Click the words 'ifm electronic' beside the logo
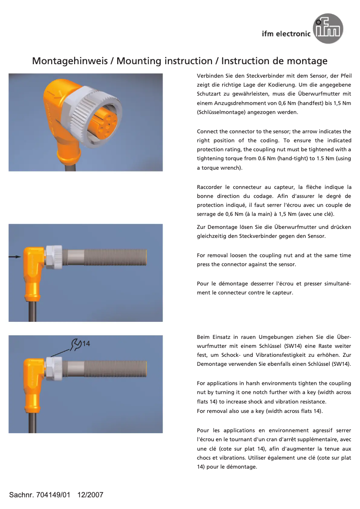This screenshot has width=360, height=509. tap(286, 34)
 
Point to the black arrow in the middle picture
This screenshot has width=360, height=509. tap(15, 257)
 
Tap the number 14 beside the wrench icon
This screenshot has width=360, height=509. tap(87, 344)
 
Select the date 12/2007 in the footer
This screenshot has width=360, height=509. tap(90, 495)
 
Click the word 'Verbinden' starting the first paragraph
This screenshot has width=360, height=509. tap(209, 76)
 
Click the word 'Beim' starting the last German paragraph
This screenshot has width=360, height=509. tap(204, 337)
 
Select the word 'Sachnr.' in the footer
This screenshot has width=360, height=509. tap(21, 495)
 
